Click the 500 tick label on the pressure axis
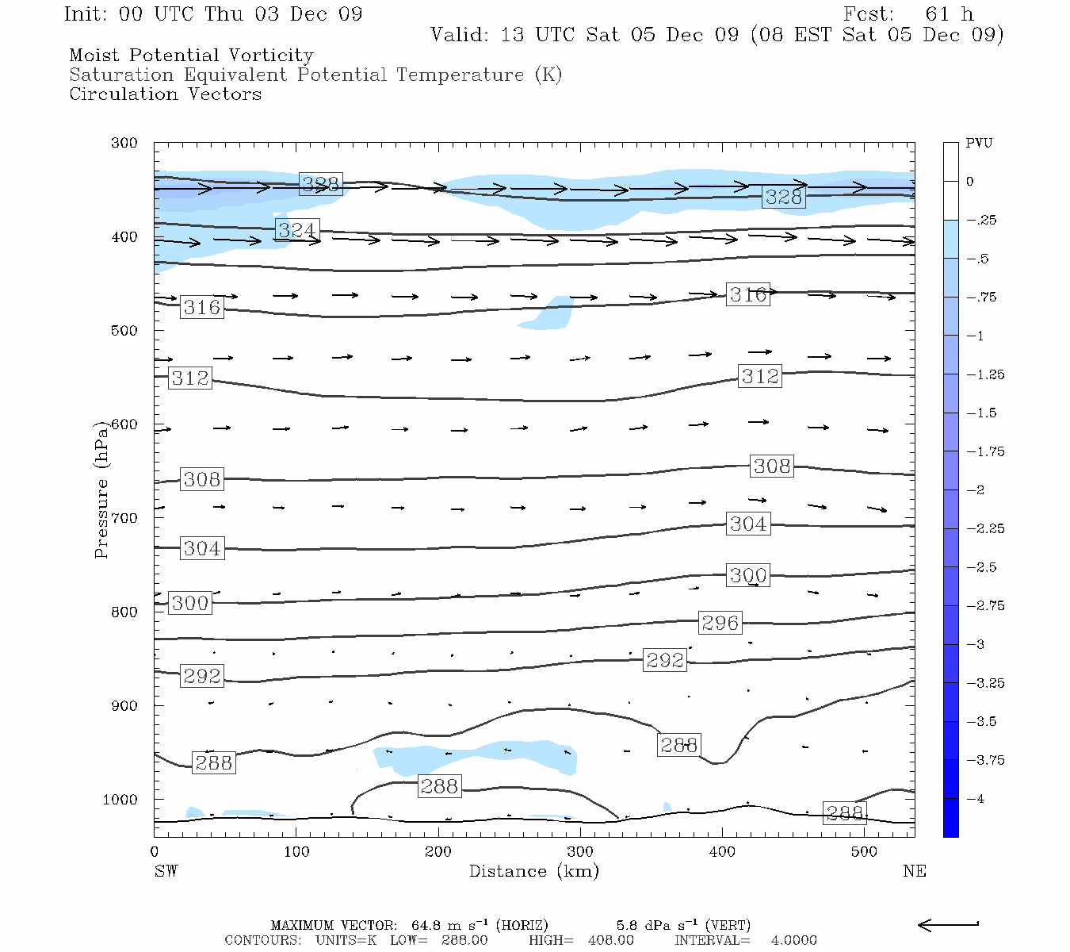tap(124, 331)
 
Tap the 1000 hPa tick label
tap(120, 800)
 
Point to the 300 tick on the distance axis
tap(579, 852)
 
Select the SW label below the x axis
tap(166, 871)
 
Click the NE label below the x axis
tap(914, 871)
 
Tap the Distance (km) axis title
tap(533, 871)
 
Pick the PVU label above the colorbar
tap(979, 144)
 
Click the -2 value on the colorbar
tap(975, 490)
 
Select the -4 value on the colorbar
tap(975, 799)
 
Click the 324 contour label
tap(297, 230)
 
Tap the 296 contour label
tap(720, 624)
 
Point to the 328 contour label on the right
tap(784, 197)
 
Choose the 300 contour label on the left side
tap(190, 603)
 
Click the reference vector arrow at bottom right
tap(948, 924)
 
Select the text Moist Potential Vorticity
tap(191, 56)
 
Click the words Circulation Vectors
tap(165, 94)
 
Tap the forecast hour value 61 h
tap(949, 14)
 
